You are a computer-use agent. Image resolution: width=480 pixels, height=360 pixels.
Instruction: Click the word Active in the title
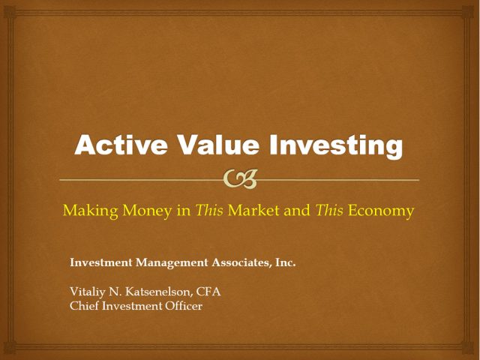click(x=121, y=145)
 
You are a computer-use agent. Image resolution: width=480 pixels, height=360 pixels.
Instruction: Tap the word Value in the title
click(x=219, y=145)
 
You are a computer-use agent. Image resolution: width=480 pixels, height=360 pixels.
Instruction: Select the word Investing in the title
click(x=336, y=146)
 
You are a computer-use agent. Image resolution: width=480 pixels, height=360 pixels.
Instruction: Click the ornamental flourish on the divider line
click(x=240, y=179)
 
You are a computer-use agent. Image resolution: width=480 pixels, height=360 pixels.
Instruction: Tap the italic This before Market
click(x=209, y=210)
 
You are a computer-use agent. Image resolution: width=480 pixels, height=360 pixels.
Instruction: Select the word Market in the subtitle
click(x=253, y=210)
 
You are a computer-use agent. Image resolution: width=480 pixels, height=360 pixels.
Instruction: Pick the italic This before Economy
click(x=329, y=210)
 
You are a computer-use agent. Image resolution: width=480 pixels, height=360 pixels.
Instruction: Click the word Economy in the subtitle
click(x=381, y=211)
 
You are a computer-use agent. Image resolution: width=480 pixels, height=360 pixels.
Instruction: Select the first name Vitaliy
click(x=87, y=292)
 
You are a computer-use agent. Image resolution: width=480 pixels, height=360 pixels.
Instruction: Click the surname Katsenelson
click(x=159, y=292)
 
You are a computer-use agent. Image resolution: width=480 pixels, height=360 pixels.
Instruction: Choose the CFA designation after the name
click(x=208, y=292)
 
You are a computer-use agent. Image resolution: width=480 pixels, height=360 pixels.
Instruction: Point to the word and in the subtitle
click(x=297, y=210)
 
